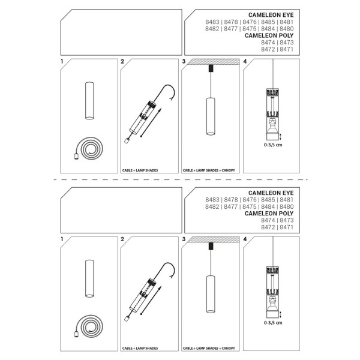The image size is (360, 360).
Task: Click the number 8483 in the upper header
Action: point(212,22)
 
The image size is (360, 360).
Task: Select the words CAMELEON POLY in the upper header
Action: point(269,35)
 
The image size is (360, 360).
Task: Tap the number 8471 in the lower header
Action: point(287,227)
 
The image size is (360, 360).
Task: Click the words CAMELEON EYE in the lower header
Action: point(271,193)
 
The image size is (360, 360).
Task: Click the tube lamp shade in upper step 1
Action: point(89,101)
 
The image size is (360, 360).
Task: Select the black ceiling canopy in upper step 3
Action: point(211,68)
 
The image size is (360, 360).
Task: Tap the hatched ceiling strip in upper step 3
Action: point(213,62)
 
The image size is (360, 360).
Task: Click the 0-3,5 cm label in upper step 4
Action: point(273,145)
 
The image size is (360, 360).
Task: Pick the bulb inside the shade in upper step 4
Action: point(272,125)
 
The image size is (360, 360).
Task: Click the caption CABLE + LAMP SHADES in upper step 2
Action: point(140,170)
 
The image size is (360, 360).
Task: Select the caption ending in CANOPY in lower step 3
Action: point(209,348)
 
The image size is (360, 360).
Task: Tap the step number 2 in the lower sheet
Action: point(122,239)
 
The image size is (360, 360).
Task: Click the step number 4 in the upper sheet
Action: point(245,62)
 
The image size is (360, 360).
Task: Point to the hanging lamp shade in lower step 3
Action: point(211,294)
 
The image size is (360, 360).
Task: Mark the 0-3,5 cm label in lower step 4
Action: point(273,323)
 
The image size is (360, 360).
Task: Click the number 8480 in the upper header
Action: point(287,29)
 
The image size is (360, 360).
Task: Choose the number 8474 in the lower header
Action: point(268,220)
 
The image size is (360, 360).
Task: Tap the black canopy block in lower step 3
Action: point(211,247)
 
